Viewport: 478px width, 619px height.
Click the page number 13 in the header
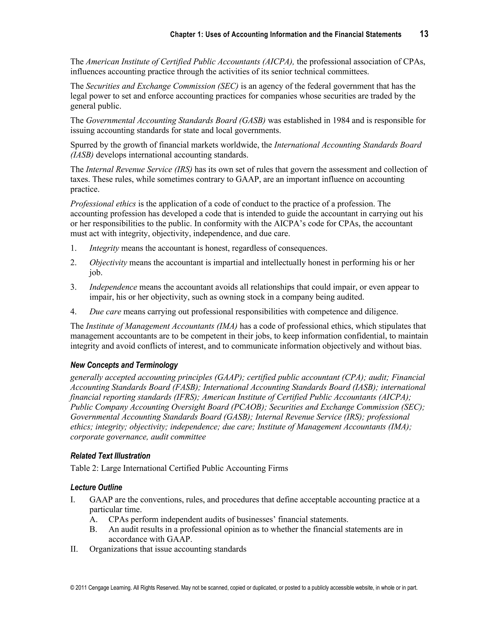tap(424, 34)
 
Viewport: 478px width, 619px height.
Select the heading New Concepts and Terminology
tap(124, 365)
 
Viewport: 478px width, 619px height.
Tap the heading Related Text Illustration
tap(110, 456)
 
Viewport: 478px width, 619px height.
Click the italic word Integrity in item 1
tap(104, 248)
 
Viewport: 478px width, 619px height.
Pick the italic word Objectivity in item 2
tap(108, 263)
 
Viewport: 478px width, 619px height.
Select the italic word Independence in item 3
tap(113, 287)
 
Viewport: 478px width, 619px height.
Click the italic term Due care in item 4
tap(105, 312)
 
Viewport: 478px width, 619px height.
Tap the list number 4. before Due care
tap(73, 312)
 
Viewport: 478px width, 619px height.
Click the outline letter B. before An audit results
tap(93, 529)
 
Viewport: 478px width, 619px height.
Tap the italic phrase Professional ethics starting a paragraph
tap(103, 204)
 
